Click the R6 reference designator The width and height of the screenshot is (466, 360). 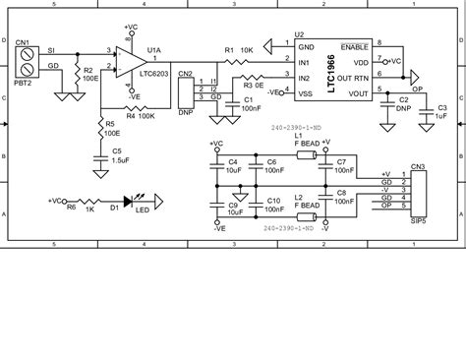point(71,208)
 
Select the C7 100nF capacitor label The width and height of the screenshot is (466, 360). point(341,165)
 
